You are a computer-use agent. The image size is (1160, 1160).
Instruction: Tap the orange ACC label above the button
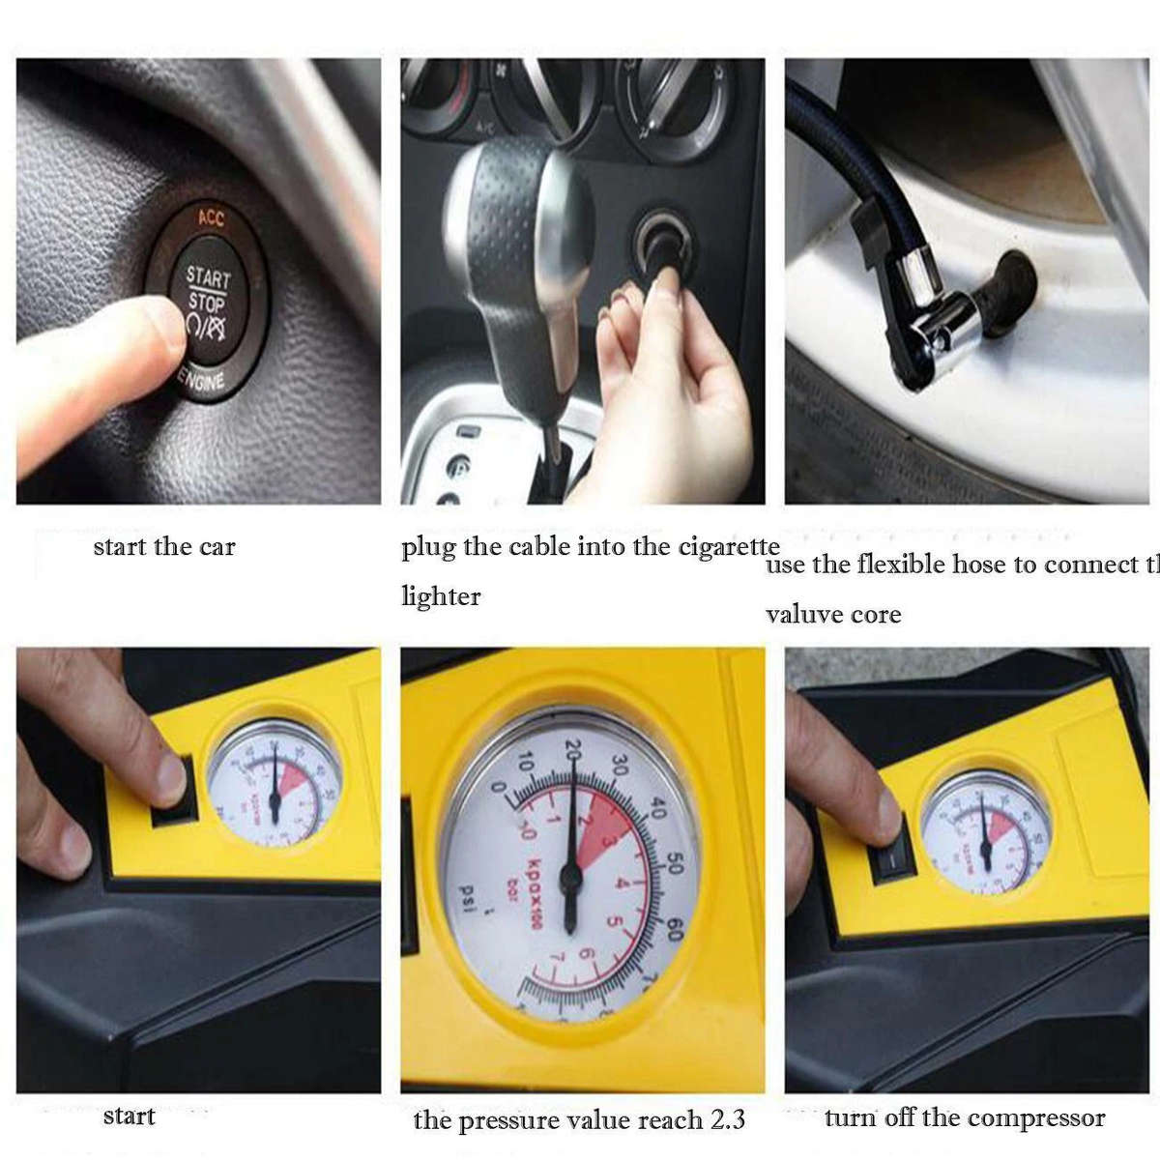pyautogui.click(x=210, y=217)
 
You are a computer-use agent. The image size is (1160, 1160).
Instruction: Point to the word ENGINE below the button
pyautogui.click(x=202, y=381)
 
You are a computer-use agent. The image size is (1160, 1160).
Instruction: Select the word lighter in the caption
pyautogui.click(x=441, y=596)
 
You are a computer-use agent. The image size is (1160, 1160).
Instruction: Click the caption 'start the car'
pyautogui.click(x=164, y=547)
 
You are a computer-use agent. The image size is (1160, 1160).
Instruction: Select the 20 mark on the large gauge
pyautogui.click(x=573, y=748)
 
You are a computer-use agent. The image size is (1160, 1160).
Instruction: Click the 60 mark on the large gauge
pyautogui.click(x=674, y=930)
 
